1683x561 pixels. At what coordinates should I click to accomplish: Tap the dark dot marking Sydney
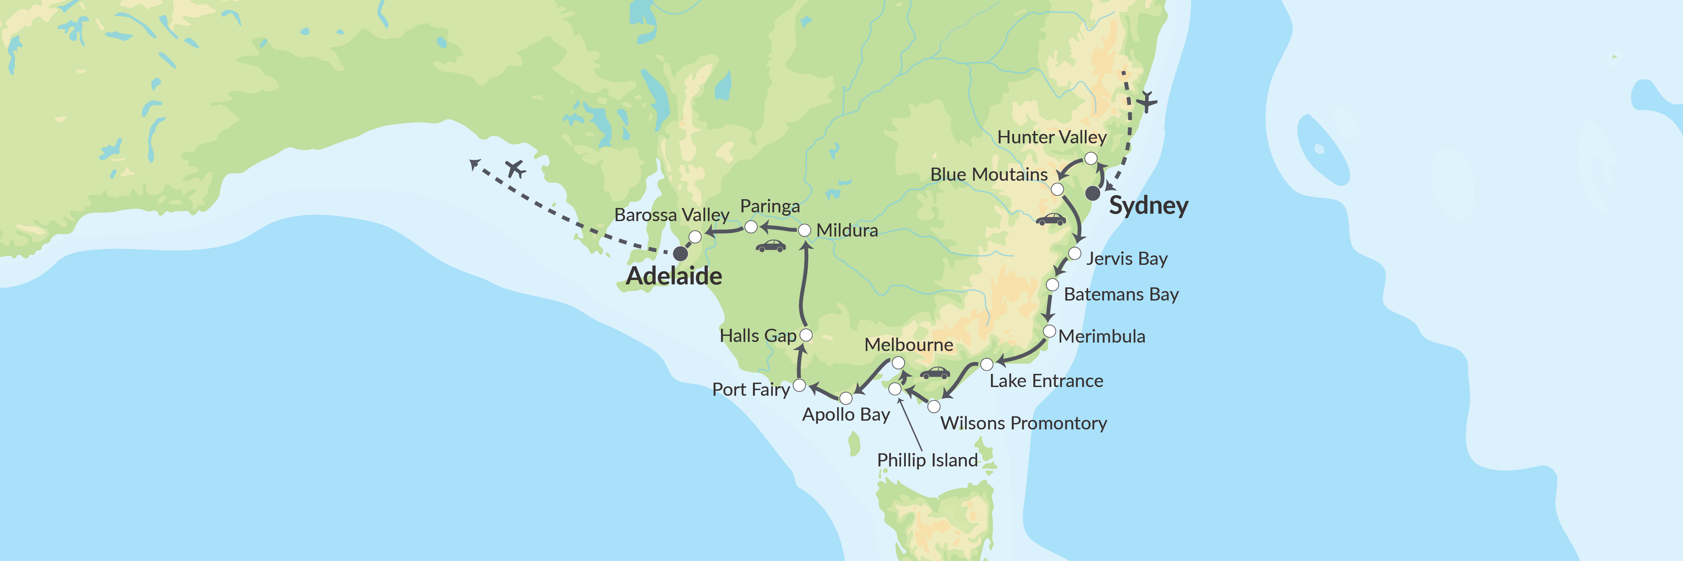(x=1092, y=193)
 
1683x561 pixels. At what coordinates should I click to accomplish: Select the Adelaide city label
(x=674, y=276)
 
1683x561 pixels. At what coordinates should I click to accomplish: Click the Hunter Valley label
(x=1052, y=137)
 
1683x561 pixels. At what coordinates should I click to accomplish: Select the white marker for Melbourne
(x=898, y=362)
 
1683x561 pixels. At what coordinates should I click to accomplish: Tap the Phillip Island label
(x=927, y=460)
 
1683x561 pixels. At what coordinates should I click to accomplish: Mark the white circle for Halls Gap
(x=806, y=335)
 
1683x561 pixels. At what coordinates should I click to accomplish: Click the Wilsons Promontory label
(x=1023, y=423)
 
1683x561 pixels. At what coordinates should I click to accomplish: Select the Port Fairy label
(x=751, y=390)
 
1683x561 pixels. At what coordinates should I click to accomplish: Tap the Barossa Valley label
(x=672, y=215)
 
